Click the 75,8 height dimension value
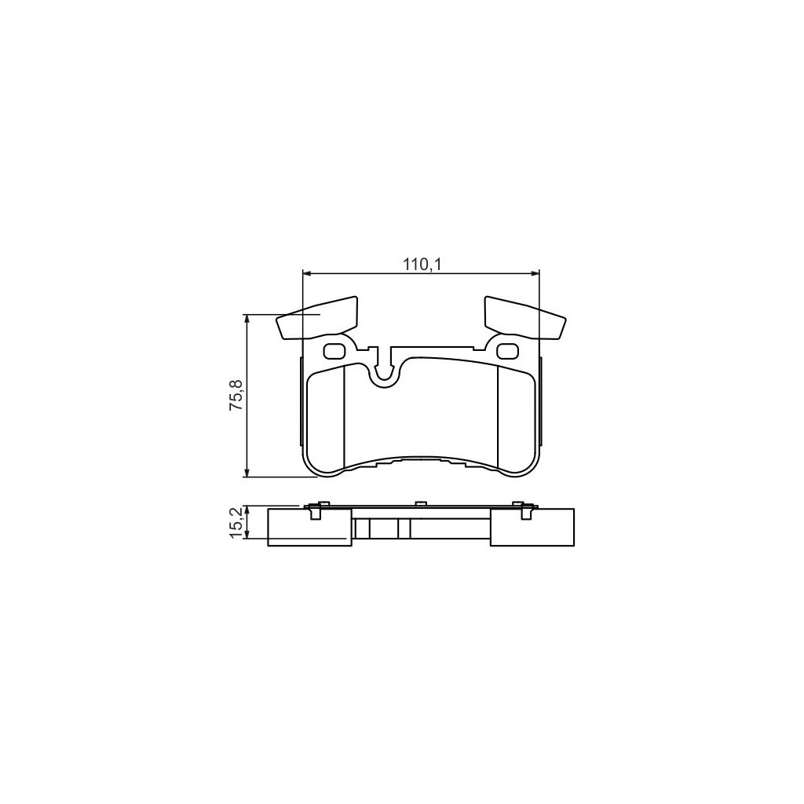[x=236, y=396]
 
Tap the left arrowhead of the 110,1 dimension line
[x=307, y=273]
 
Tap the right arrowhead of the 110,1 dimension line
[x=535, y=273]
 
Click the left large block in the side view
[x=309, y=528]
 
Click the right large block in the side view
[x=532, y=528]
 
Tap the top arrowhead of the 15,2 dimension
[x=247, y=509]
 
